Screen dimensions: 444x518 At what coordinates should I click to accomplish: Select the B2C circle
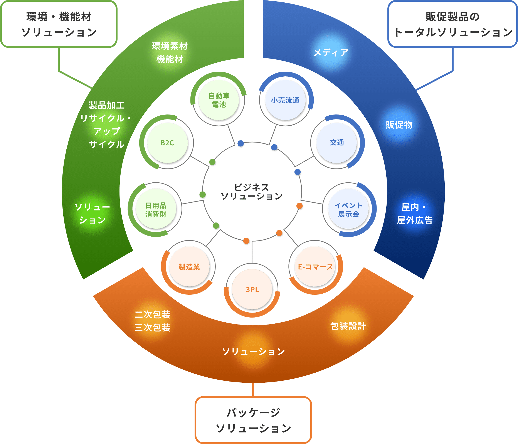[167, 143]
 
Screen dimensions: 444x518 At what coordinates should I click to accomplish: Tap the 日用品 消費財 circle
[156, 210]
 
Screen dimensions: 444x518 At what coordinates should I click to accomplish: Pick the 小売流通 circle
[285, 100]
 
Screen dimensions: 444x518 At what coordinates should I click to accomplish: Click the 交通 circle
[337, 143]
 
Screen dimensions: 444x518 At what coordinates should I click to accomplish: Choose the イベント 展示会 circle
[348, 210]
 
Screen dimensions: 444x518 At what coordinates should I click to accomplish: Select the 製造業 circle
[189, 267]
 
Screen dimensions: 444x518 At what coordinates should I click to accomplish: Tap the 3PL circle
[252, 289]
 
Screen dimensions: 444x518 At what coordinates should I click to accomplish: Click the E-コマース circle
[315, 267]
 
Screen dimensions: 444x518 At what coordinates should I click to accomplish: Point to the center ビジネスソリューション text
[252, 192]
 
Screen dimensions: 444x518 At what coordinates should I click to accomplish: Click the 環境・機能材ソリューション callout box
[59, 24]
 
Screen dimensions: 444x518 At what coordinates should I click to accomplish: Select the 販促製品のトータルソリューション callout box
[452, 24]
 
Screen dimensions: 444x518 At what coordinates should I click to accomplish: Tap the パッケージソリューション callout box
[253, 420]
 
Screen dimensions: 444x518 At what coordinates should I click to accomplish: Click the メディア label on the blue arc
[331, 52]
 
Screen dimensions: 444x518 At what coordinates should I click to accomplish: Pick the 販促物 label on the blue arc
[399, 124]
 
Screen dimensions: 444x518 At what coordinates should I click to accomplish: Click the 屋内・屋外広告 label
[414, 214]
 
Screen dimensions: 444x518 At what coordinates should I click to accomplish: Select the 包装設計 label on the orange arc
[348, 326]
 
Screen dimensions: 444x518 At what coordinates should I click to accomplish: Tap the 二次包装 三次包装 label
[152, 321]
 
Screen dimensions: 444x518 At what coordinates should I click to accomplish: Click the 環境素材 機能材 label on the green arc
[170, 52]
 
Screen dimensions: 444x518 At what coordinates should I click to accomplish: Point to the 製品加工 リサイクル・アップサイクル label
[107, 124]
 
